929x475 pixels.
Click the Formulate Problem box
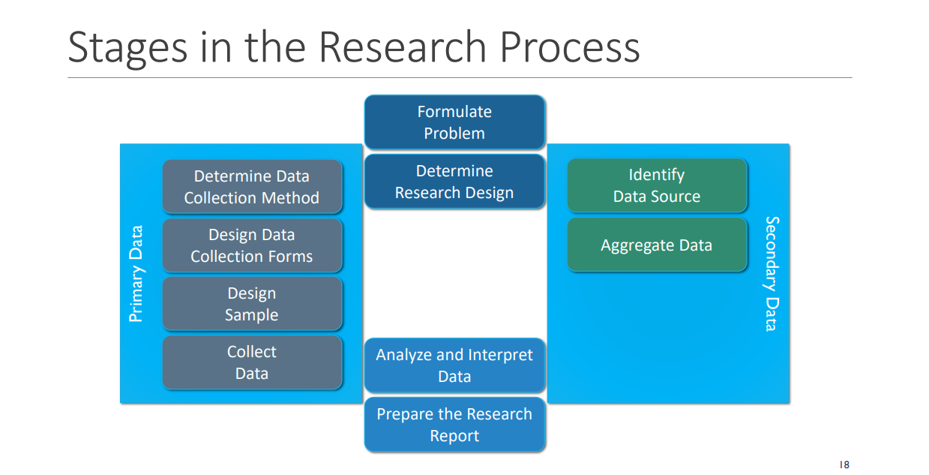point(454,122)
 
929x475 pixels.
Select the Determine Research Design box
point(454,182)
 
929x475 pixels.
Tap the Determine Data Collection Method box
point(252,187)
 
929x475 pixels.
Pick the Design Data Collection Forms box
point(252,245)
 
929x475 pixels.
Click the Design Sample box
point(252,304)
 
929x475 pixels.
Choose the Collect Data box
point(252,362)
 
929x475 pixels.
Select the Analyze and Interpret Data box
point(454,365)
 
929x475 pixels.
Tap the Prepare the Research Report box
point(454,425)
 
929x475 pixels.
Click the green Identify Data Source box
point(657,185)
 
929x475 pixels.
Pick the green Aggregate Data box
point(657,245)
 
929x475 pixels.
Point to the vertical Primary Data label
point(136,274)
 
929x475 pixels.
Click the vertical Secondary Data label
point(772,273)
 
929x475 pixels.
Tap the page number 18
point(844,465)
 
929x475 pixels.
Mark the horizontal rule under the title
point(460,77)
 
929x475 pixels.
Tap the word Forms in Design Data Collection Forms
point(292,257)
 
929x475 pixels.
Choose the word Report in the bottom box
point(454,436)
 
